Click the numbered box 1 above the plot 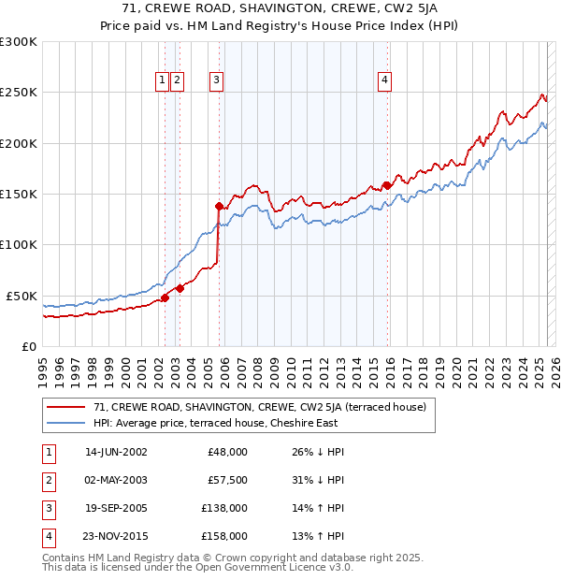[163, 80]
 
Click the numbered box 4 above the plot [384, 80]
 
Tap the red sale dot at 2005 [219, 206]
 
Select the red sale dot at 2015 [387, 185]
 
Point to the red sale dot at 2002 [165, 297]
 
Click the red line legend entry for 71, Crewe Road [260, 407]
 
